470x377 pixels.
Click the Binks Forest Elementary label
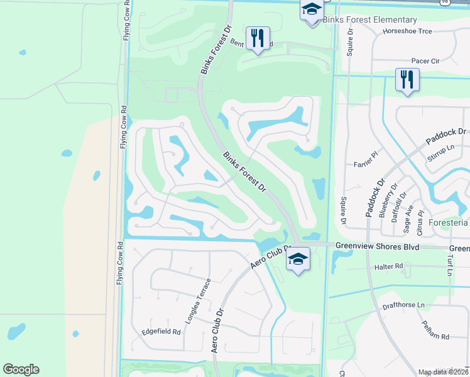[x=369, y=20]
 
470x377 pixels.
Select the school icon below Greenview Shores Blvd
[x=298, y=259]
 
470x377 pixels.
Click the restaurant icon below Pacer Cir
[x=407, y=79]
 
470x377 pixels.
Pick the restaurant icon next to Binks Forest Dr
[x=257, y=39]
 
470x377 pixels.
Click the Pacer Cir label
[x=425, y=61]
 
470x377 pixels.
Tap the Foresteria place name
[x=448, y=222]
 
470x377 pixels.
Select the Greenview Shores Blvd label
[x=377, y=247]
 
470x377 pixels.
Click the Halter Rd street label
[x=388, y=266]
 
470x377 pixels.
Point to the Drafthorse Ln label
[x=403, y=306]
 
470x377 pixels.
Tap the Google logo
[x=21, y=369]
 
